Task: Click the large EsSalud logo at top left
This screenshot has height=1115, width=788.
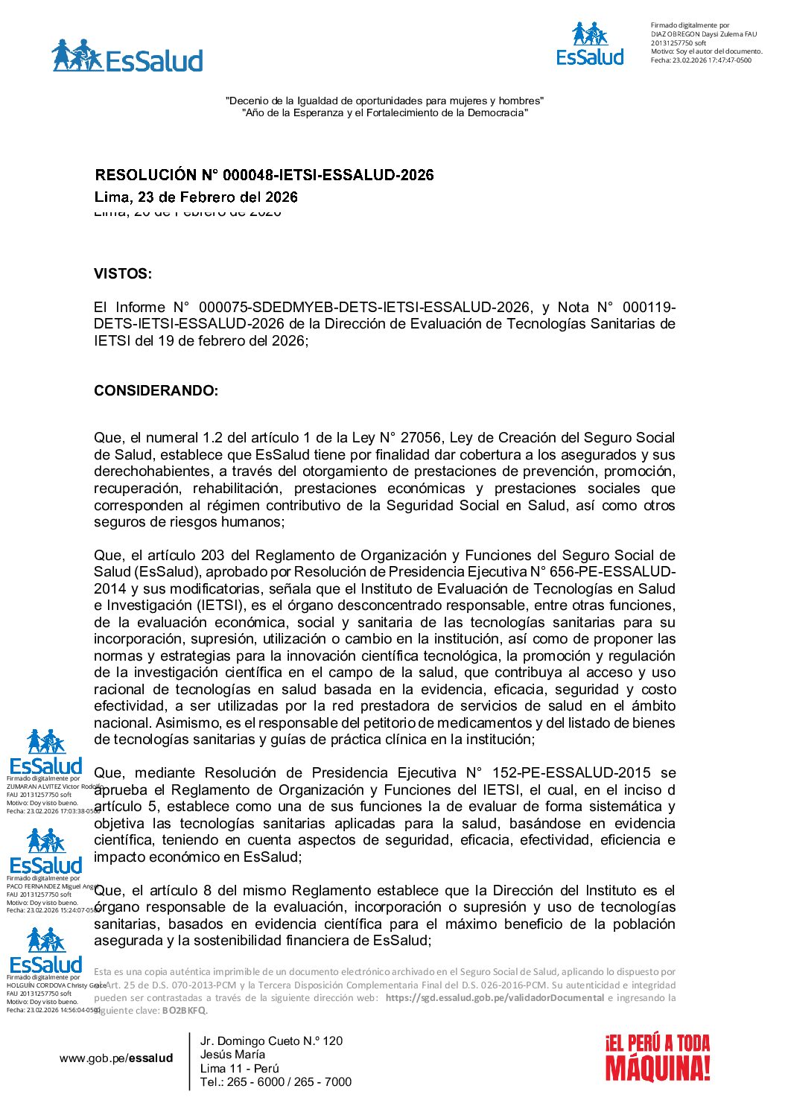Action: tap(127, 57)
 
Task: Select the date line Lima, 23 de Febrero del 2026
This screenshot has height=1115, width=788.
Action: tap(196, 197)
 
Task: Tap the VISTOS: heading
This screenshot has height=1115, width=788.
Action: tap(123, 274)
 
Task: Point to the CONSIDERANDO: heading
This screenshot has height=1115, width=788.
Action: tap(156, 391)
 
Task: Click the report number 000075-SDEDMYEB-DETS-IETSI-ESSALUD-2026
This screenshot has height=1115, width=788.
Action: tap(364, 308)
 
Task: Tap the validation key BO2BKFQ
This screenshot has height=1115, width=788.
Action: tap(183, 1011)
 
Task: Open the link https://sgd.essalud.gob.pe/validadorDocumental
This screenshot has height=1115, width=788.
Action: tap(495, 998)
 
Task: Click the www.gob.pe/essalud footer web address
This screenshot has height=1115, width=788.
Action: tap(116, 1058)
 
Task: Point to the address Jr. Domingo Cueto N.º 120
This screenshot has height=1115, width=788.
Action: tap(271, 1041)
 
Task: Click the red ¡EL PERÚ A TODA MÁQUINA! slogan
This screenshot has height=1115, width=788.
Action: tap(657, 1058)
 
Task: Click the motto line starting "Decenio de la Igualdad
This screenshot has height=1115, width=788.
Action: tap(384, 101)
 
